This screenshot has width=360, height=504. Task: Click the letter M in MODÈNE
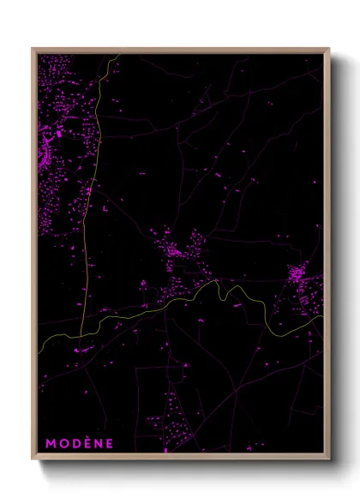click(51, 443)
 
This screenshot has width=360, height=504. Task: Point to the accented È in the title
click(87, 442)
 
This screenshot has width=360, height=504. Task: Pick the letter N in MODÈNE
click(98, 443)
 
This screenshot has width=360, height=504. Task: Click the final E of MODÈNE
click(109, 443)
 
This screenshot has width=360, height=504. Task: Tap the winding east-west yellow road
click(171, 304)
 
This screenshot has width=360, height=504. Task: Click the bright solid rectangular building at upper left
click(57, 134)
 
